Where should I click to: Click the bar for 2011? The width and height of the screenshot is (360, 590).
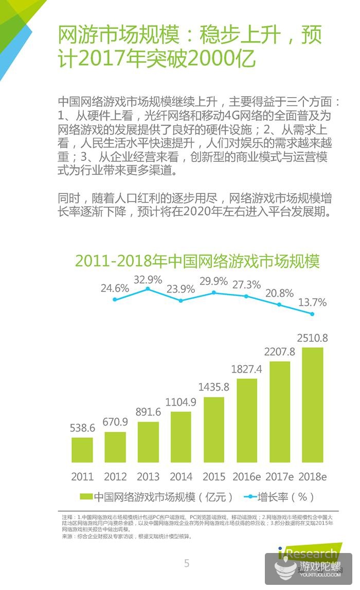point(82,450)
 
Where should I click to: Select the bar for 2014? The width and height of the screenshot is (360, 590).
point(181,437)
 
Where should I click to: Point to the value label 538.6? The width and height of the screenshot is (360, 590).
point(82,428)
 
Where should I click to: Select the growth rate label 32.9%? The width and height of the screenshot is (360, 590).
point(148,280)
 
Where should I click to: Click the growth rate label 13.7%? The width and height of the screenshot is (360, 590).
point(313,303)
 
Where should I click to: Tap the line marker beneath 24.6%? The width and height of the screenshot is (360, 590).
point(115,299)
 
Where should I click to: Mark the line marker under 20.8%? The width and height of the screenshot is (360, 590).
point(280,304)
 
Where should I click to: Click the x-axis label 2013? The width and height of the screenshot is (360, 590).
point(148,476)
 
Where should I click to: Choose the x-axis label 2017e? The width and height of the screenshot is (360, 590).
point(280,476)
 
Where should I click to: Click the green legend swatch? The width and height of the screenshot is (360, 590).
point(86,497)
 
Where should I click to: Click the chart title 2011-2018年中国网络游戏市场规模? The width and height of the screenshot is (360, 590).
point(197,261)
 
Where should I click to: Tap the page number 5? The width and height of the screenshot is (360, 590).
point(187,563)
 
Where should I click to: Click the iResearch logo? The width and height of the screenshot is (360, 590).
point(309,552)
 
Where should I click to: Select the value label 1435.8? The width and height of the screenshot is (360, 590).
point(214,387)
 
